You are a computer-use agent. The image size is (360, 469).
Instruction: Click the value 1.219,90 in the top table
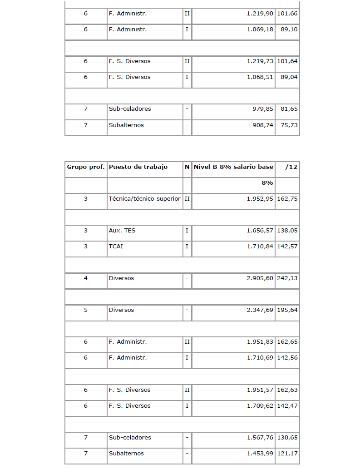pos(260,14)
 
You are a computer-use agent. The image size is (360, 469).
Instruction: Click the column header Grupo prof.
pos(86,167)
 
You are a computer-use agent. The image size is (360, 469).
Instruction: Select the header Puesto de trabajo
pos(138,167)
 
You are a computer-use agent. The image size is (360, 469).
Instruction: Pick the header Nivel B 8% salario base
pos(233,167)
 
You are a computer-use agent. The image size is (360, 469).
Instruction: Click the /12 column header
pos(291,167)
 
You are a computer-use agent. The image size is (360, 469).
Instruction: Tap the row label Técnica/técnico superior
pos(144,199)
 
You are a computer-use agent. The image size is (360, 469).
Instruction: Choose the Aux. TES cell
pos(122,231)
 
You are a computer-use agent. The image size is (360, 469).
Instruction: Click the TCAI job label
pos(115,247)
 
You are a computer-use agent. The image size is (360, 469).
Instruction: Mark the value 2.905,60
pos(260,278)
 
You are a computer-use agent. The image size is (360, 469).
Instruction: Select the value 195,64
pos(287,311)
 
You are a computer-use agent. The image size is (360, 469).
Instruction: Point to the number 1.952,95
pos(260,199)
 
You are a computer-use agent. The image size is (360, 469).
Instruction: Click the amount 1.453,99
pos(260,454)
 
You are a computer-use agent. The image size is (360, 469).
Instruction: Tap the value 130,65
pos(287,438)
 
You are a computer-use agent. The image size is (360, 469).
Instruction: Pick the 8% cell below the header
pos(266,183)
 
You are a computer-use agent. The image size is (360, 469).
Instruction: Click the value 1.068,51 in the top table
pos(260,77)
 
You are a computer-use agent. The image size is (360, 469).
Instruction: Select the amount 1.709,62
pos(260,406)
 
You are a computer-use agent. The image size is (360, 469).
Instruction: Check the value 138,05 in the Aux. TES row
pos(287,231)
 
